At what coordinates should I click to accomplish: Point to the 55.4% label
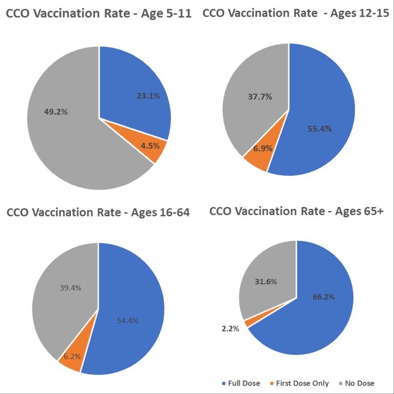(x=320, y=129)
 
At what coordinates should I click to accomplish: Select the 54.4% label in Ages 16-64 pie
(x=128, y=320)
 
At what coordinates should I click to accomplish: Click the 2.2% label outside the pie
(x=230, y=329)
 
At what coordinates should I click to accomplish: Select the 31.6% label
(x=264, y=282)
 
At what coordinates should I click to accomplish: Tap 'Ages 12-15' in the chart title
(x=360, y=13)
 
